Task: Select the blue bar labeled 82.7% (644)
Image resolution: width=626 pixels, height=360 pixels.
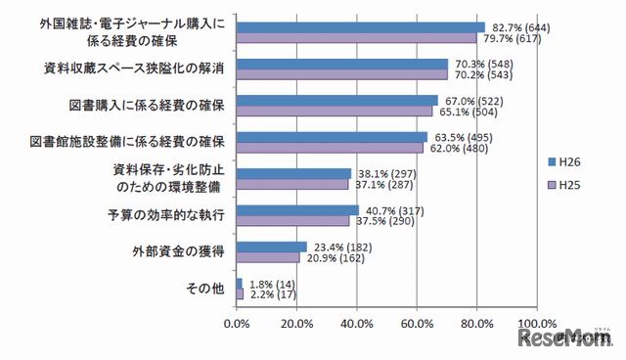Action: (360, 27)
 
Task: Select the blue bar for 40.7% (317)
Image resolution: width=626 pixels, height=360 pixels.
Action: (297, 209)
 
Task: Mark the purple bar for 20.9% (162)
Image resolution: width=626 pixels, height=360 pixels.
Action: (268, 257)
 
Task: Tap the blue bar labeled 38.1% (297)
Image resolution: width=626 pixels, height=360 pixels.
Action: (293, 173)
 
